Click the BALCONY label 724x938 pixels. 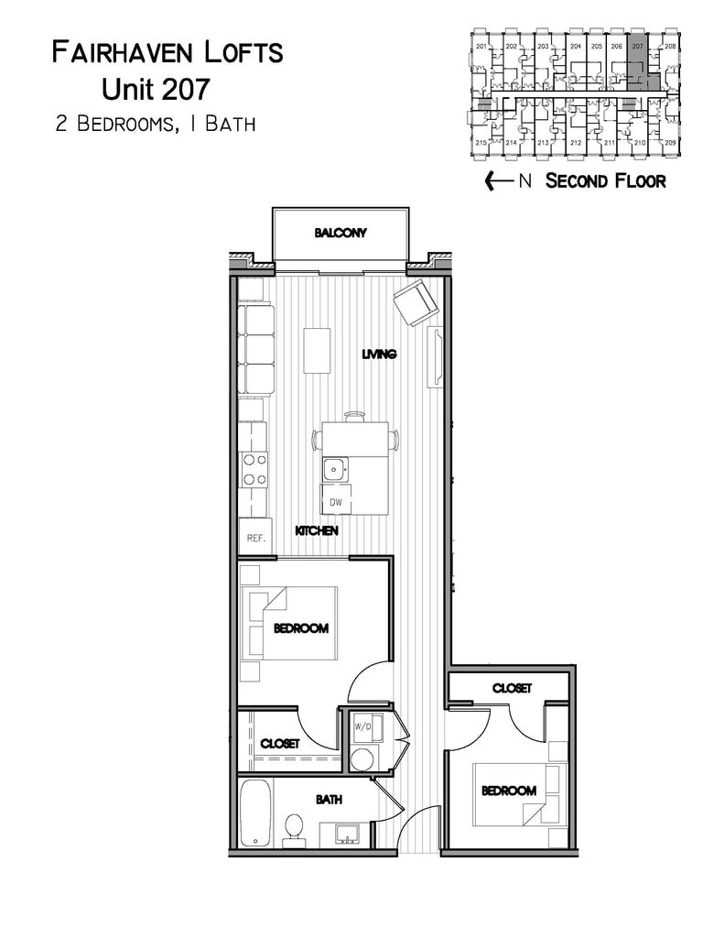click(x=340, y=233)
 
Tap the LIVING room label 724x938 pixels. click(x=378, y=354)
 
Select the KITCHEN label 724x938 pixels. click(x=317, y=530)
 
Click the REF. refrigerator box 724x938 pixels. click(x=254, y=538)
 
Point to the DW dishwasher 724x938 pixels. click(x=335, y=502)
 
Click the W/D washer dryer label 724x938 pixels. click(x=363, y=726)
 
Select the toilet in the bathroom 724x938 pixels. click(x=294, y=827)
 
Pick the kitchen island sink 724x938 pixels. click(x=335, y=468)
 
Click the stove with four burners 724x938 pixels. click(x=253, y=469)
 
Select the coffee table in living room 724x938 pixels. click(x=317, y=350)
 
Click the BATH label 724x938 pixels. click(x=329, y=799)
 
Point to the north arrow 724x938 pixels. click(x=499, y=180)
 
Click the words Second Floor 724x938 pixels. click(x=605, y=180)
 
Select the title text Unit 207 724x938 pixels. click(x=156, y=89)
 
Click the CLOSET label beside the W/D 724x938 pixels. click(x=279, y=743)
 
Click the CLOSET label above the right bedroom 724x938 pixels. click(x=512, y=688)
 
